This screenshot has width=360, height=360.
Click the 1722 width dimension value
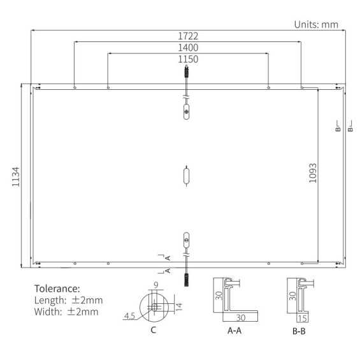tap(187, 36)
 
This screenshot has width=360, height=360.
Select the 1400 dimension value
tap(187, 48)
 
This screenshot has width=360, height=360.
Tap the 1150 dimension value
tap(187, 59)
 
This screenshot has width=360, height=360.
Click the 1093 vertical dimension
tap(312, 173)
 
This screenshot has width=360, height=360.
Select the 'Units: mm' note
tap(316, 24)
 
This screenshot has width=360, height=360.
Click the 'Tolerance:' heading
tap(57, 289)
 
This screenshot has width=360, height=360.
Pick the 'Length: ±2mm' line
tap(68, 300)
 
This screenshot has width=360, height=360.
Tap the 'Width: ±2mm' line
tap(66, 312)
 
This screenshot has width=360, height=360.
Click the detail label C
tap(153, 330)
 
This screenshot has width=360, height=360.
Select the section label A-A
tap(234, 331)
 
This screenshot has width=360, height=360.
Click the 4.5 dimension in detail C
tap(130, 315)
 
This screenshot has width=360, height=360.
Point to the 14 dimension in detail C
tap(179, 306)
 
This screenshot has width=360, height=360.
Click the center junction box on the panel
tap(186, 175)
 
